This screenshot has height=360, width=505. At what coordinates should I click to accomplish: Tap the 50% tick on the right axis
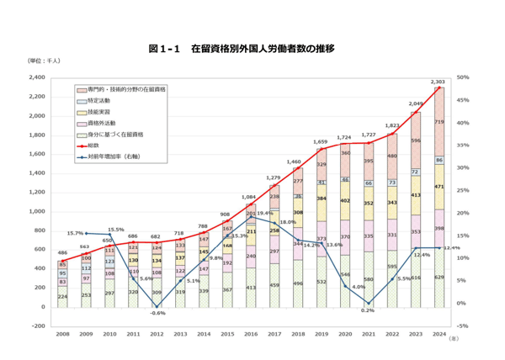pyautogui.click(x=462, y=77)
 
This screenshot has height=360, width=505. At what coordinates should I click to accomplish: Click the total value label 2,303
pyautogui.click(x=438, y=82)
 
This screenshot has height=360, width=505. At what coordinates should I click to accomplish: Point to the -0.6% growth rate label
pyautogui.click(x=157, y=312)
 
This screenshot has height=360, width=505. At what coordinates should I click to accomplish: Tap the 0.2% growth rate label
pyautogui.click(x=367, y=310)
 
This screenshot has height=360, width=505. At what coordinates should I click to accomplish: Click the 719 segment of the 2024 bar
pyautogui.click(x=438, y=122)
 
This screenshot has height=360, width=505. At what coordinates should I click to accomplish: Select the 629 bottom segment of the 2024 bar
pyautogui.click(x=438, y=277)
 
